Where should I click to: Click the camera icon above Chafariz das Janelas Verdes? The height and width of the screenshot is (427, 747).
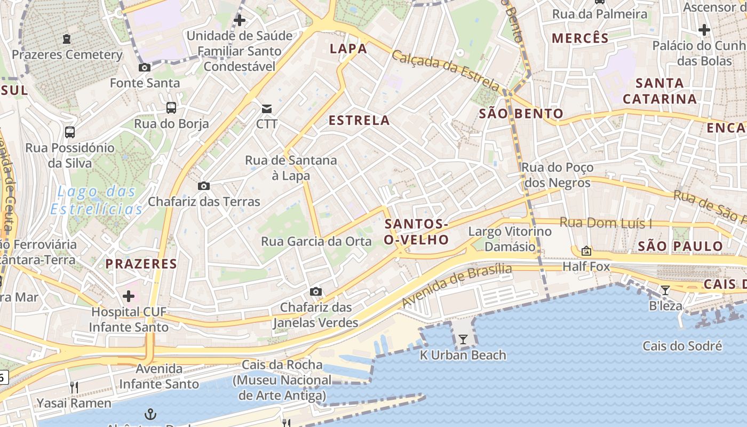(316, 291)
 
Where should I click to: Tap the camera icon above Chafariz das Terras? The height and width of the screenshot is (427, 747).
(203, 186)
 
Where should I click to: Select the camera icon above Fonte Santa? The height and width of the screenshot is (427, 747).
(144, 67)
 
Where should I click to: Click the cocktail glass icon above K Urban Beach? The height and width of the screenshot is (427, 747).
(463, 339)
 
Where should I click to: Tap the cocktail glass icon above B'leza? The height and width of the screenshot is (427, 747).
(665, 290)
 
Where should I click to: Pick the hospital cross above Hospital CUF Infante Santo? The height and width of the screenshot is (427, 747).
(129, 296)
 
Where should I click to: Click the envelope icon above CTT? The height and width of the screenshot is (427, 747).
(266, 109)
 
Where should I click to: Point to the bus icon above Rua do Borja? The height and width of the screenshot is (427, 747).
(171, 108)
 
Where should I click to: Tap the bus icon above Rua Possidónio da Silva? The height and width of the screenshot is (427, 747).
(70, 132)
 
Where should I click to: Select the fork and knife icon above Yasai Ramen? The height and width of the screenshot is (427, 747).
(74, 387)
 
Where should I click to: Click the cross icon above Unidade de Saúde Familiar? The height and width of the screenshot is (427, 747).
(240, 20)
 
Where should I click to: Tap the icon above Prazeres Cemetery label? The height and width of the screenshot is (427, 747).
(67, 39)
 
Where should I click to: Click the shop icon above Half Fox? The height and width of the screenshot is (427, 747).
(586, 250)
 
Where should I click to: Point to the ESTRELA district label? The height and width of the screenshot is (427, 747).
(359, 121)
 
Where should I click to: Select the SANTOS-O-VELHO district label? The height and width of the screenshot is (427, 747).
(417, 232)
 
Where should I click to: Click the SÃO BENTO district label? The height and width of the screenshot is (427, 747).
(521, 113)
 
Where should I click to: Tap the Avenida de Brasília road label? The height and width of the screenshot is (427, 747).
(456, 286)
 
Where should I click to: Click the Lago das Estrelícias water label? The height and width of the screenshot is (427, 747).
(97, 200)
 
